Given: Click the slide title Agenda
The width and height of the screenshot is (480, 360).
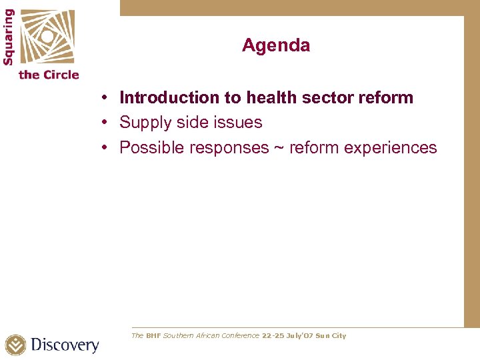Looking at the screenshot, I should click(275, 45).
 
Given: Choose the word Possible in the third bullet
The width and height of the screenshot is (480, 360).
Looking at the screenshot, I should click(151, 147).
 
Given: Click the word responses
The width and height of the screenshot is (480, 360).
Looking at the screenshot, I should click(229, 148).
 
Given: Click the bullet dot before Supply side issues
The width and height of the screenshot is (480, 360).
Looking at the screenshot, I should click(106, 123).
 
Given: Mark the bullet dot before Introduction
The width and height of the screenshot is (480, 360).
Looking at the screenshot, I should click(106, 98).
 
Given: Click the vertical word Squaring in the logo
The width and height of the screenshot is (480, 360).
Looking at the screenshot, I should click(8, 37).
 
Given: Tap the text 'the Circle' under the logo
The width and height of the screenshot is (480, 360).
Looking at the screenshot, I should click(49, 75).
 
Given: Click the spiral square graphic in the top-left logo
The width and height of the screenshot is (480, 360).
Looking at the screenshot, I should click(47, 37).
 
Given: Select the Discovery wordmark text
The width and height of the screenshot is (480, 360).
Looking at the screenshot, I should click(65, 345).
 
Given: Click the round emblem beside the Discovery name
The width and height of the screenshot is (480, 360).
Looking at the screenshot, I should click(15, 345).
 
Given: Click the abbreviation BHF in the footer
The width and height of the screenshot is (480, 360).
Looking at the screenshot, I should click(153, 336).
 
